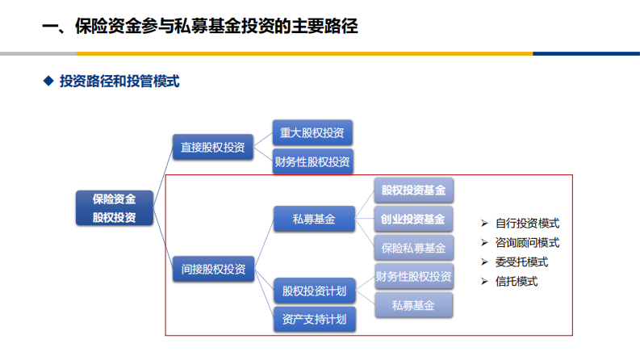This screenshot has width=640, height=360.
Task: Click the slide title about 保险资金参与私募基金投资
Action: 199,27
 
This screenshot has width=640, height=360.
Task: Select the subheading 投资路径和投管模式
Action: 119,82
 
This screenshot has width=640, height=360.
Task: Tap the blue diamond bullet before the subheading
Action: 48,82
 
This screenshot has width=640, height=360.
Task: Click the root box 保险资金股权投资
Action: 114,207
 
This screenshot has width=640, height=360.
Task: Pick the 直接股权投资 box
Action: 213,148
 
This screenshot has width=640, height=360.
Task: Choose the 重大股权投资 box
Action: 312,133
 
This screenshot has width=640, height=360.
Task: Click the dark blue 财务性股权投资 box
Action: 312,161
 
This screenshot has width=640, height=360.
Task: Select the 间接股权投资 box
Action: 213,269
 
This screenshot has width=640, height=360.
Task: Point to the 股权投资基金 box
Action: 413,190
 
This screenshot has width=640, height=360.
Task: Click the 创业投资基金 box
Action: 413,219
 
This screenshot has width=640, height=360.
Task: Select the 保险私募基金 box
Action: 413,247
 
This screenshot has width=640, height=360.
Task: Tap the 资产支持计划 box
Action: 314,320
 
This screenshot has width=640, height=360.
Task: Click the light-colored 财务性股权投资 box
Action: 413,277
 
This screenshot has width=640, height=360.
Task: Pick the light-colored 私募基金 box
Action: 413,305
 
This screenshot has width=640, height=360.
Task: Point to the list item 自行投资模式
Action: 527,224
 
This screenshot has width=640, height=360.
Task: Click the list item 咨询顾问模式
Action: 527,242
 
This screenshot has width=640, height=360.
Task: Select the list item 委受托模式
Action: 521,262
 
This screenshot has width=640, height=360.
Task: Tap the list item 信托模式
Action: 516,282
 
